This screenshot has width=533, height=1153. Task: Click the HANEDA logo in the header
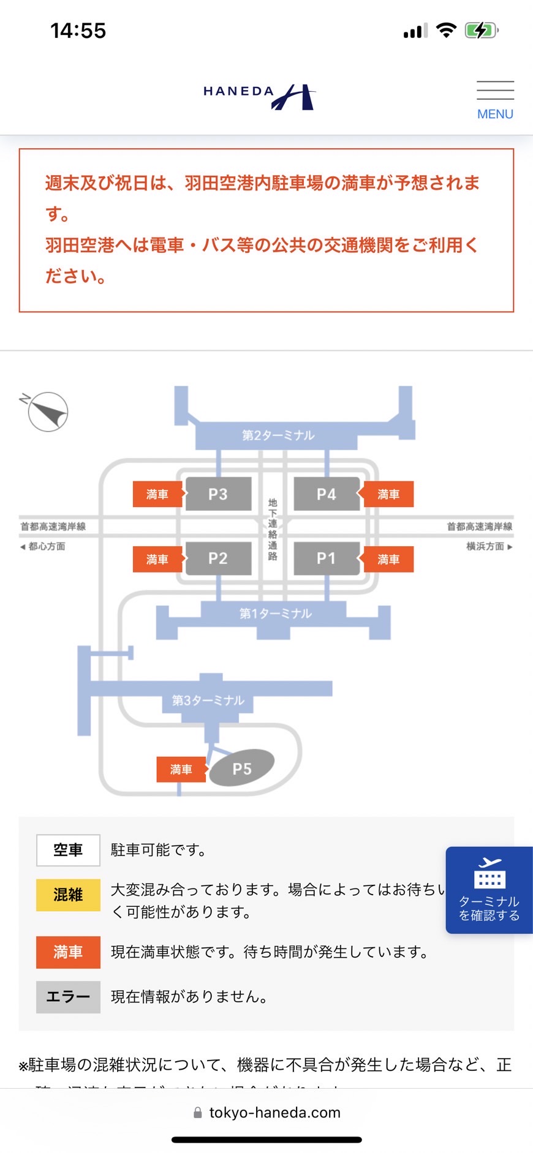(x=259, y=96)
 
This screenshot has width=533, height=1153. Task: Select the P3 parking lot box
(x=218, y=494)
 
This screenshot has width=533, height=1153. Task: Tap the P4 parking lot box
(x=327, y=494)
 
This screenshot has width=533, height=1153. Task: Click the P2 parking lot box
(x=218, y=558)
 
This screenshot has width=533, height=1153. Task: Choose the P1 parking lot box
(x=327, y=558)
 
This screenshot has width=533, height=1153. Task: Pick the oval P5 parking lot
(x=242, y=768)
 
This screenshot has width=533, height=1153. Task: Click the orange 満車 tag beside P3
(x=157, y=494)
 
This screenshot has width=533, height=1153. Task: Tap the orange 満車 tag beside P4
(x=388, y=494)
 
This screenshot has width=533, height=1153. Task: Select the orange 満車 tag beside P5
(x=181, y=769)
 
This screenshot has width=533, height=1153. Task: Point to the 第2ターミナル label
(x=278, y=435)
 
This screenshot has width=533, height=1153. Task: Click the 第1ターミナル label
(x=275, y=613)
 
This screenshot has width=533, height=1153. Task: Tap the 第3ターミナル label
(x=208, y=700)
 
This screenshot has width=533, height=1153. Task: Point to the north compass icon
(x=47, y=411)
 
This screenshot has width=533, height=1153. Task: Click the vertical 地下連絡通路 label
(x=273, y=529)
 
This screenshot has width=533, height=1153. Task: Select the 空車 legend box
(x=68, y=850)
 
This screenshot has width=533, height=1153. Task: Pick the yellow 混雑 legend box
(x=68, y=895)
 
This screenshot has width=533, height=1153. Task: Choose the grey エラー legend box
(x=68, y=997)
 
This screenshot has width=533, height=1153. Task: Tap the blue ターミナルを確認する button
(x=489, y=890)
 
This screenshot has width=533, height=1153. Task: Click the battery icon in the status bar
(x=482, y=30)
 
